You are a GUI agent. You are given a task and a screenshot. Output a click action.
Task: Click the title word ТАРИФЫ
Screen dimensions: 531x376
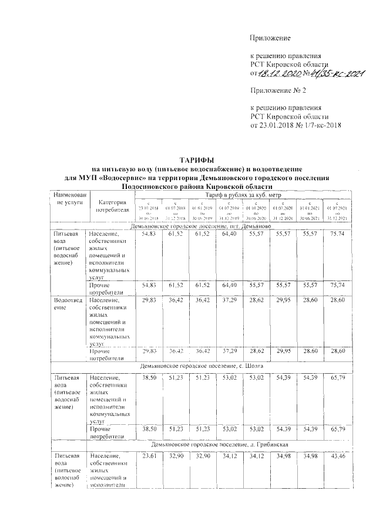click(197, 160)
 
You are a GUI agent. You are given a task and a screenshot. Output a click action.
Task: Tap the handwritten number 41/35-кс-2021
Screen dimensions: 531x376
click(336, 73)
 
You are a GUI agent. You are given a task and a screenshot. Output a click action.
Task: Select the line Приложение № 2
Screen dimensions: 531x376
click(278, 91)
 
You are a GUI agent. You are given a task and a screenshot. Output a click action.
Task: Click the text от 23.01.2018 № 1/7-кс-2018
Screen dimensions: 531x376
click(296, 124)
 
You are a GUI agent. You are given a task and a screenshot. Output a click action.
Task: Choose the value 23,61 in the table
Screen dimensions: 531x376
click(144, 455)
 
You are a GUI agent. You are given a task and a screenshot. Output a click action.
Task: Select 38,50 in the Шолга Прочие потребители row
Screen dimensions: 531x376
click(144, 429)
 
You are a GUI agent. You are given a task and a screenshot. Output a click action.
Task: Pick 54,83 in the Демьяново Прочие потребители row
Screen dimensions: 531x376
click(144, 285)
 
